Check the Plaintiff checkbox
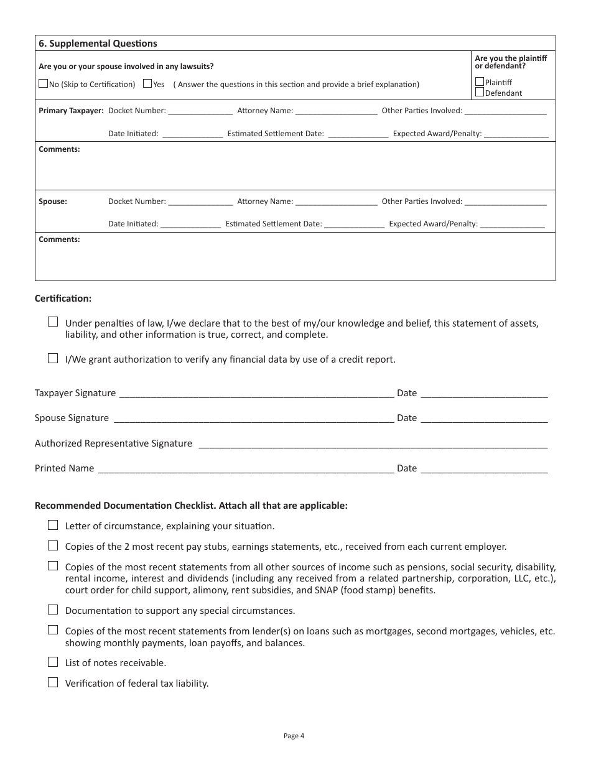(480, 81)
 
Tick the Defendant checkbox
(480, 92)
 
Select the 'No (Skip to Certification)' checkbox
(43, 83)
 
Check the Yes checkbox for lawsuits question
(147, 83)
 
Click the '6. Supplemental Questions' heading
(98, 44)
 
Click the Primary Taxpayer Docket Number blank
(200, 112)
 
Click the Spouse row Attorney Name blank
(336, 203)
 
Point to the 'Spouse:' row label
(53, 202)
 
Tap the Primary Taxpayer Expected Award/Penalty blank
(516, 134)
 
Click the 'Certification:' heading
(63, 299)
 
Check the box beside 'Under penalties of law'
(53, 322)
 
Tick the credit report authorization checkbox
(53, 358)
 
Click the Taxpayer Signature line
(256, 394)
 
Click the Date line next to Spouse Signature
(484, 419)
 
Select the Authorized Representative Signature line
(371, 445)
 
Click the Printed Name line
(246, 470)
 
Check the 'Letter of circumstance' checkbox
(53, 525)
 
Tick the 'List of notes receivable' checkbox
(53, 662)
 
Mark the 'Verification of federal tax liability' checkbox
(53, 682)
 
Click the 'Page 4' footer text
(294, 736)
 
